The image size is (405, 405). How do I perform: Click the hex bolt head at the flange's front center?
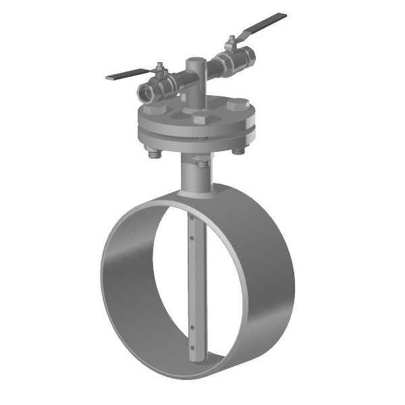[x=200, y=118]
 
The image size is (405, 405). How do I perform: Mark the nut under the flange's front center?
[x=201, y=163]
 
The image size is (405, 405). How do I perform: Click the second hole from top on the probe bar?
[x=192, y=237]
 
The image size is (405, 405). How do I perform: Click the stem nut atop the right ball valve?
[x=232, y=39]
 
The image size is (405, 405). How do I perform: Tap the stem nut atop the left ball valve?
[x=161, y=67]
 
